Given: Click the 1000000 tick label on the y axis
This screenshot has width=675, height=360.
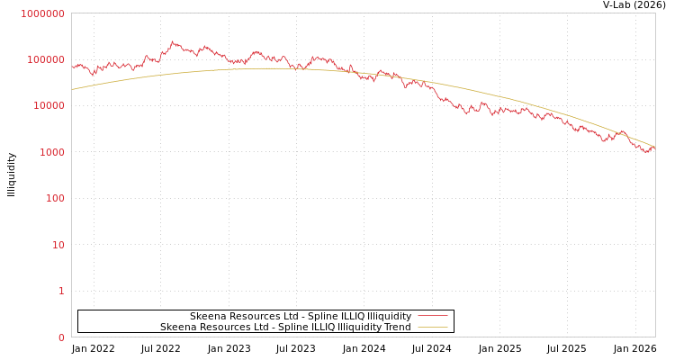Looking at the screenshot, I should pyautogui.click(x=42, y=13).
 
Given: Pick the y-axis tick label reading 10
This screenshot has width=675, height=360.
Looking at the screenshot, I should pyautogui.click(x=58, y=245).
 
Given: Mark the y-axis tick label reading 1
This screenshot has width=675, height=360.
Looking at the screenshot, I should pyautogui.click(x=61, y=291).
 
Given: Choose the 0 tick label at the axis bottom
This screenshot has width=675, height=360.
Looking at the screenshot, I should pyautogui.click(x=61, y=337).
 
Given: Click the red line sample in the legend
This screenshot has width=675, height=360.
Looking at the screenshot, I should pyautogui.click(x=433, y=317).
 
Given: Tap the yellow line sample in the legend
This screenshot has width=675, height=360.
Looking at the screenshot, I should pyautogui.click(x=433, y=328).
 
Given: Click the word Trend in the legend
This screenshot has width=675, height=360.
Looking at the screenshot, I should pyautogui.click(x=397, y=328).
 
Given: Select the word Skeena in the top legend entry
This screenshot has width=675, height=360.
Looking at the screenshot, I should pyautogui.click(x=206, y=317).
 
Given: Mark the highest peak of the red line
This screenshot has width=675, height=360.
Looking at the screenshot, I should pyautogui.click(x=172, y=41).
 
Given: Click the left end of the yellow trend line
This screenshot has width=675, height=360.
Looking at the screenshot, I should pyautogui.click(x=72, y=89).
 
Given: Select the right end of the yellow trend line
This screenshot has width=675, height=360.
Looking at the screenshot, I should pyautogui.click(x=654, y=146).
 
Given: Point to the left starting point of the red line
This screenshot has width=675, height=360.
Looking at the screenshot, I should pyautogui.click(x=72, y=67).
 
